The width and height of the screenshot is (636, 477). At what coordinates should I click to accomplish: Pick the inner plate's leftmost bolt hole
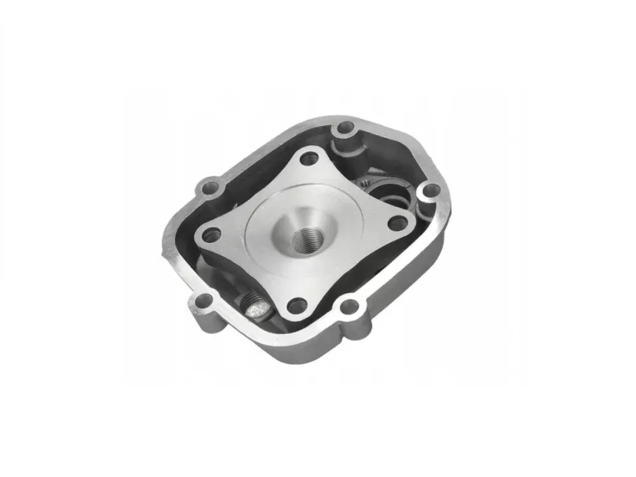click(212, 233)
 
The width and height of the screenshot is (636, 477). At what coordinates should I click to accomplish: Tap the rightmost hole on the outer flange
click(430, 191)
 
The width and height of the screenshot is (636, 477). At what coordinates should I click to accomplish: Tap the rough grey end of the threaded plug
click(256, 307)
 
